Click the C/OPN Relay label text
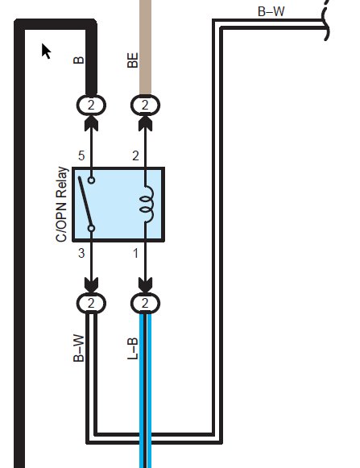click(x=62, y=205)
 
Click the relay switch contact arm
click(x=85, y=202)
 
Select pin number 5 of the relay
click(x=81, y=155)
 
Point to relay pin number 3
click(x=81, y=254)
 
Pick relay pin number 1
click(x=135, y=254)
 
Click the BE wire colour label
click(x=133, y=60)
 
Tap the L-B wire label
click(x=133, y=348)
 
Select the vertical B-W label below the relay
click(x=78, y=348)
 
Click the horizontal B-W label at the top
click(x=271, y=11)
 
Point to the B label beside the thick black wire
click(x=78, y=60)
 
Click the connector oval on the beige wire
click(x=146, y=105)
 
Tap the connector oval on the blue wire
click(x=146, y=304)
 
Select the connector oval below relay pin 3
click(x=91, y=304)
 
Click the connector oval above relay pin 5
click(x=91, y=105)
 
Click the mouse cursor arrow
click(x=45, y=51)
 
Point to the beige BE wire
click(x=146, y=48)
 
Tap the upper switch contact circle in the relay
click(x=91, y=180)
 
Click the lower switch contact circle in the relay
click(x=91, y=229)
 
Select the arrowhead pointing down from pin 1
click(x=146, y=285)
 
